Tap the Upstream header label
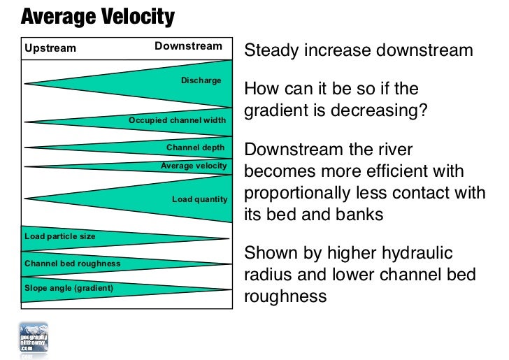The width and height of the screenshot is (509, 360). [x=50, y=48]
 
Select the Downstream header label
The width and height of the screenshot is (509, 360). [x=188, y=47]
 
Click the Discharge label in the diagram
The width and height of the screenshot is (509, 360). [x=201, y=80]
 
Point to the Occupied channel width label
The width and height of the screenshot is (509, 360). [x=177, y=120]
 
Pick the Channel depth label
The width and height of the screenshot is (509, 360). [x=195, y=147]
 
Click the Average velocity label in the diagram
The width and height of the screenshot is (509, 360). [x=194, y=166]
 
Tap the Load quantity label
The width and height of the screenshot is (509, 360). [x=199, y=199]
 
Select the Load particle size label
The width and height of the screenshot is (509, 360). [x=59, y=236]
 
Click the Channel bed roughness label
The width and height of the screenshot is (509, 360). [x=72, y=264]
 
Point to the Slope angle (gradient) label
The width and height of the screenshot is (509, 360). [x=69, y=287]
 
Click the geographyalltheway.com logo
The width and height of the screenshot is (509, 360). [x=34, y=339]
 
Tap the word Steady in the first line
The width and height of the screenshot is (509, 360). [x=272, y=51]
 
